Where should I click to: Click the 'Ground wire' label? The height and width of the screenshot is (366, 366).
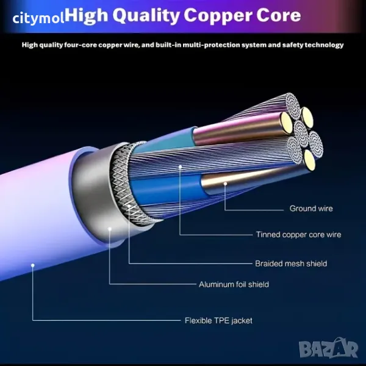pos(311,209)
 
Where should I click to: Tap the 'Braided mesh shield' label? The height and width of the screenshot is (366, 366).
pos(291,264)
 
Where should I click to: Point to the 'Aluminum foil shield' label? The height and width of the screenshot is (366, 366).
pos(234,284)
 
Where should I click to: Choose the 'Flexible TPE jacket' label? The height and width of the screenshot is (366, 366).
pos(218,320)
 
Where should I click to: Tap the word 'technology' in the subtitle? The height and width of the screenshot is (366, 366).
pos(324,45)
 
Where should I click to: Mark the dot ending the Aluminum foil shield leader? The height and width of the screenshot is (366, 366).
pos(110,229)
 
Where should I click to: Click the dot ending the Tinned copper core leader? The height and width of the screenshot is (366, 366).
pos(181,165)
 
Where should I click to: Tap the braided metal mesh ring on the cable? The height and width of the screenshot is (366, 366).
pos(122,183)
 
